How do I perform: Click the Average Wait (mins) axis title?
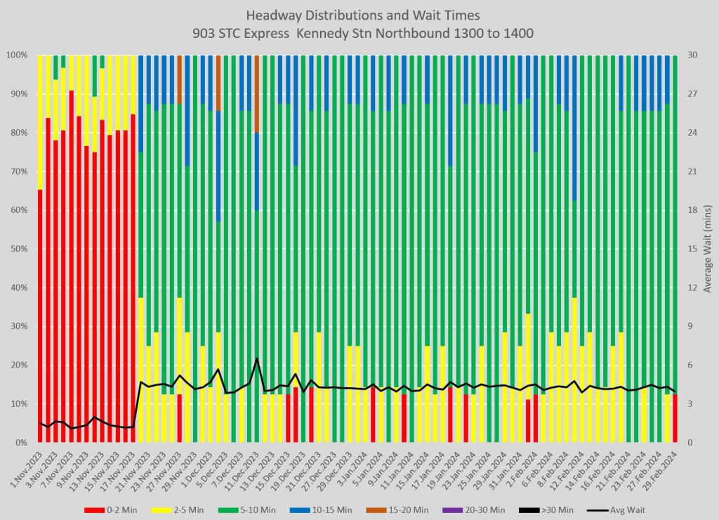(708, 249)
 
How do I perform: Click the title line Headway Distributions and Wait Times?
(359, 15)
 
